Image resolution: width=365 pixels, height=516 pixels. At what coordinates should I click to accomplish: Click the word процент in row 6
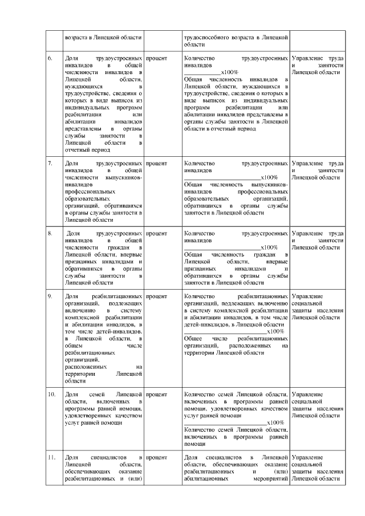[157, 59]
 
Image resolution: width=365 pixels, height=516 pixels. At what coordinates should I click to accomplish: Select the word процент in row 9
[157, 296]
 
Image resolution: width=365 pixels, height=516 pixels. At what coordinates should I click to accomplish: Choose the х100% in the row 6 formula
[229, 72]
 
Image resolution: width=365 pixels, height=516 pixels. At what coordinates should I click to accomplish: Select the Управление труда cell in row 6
[317, 66]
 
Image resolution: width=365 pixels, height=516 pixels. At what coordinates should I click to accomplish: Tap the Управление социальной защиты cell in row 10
[317, 404]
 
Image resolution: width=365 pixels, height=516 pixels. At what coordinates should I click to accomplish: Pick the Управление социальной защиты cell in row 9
[317, 307]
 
